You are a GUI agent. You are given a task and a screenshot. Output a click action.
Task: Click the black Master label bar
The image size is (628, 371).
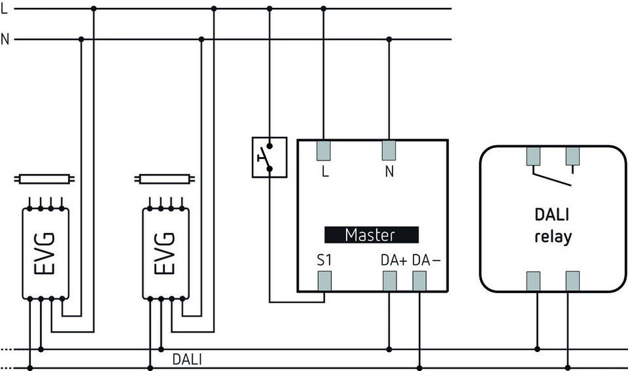pyautogui.click(x=371, y=235)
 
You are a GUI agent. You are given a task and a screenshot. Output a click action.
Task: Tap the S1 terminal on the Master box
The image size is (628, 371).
pyautogui.click(x=324, y=281)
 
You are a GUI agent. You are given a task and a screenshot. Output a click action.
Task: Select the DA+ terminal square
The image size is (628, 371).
pyautogui.click(x=389, y=281)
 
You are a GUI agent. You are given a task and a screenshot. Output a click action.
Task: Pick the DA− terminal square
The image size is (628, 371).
pyautogui.click(x=419, y=281)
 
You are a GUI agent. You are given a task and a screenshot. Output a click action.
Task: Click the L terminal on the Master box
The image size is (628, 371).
pyautogui.click(x=324, y=150)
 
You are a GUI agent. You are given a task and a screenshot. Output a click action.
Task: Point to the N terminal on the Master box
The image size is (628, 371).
pyautogui.click(x=389, y=150)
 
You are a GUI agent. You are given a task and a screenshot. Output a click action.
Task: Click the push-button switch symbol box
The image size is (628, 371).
pyautogui.click(x=269, y=157)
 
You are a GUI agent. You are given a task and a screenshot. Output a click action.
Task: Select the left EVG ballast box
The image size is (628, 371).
pyautogui.click(x=46, y=253)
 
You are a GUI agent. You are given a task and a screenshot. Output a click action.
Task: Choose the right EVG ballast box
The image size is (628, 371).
pyautogui.click(x=166, y=253)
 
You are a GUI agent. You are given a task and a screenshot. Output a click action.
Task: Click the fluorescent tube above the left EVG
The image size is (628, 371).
pyautogui.click(x=46, y=180)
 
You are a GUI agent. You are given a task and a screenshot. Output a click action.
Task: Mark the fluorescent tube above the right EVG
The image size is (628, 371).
pyautogui.click(x=166, y=180)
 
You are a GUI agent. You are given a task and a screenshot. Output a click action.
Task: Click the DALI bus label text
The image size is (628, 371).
pyautogui.click(x=186, y=359)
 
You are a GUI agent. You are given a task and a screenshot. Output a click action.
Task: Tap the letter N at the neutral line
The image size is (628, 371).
pyautogui.click(x=6, y=40)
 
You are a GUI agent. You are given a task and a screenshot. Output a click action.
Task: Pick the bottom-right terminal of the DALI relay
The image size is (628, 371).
pyautogui.click(x=573, y=281)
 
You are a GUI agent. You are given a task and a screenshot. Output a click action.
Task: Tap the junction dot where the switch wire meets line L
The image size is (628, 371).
pyautogui.click(x=269, y=9)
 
